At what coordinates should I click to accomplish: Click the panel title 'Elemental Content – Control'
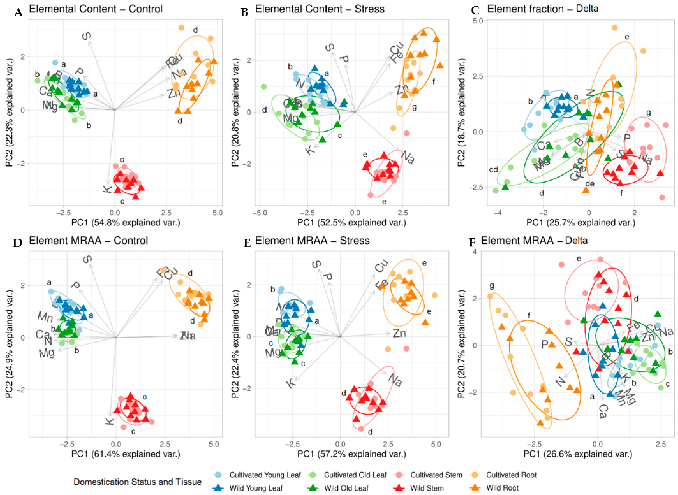pyautogui.click(x=96, y=9)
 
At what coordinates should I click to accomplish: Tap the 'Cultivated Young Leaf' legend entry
pyautogui.click(x=265, y=475)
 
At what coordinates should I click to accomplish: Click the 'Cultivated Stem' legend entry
pyautogui.click(x=436, y=475)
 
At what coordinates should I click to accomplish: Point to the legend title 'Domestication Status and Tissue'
pyautogui.click(x=138, y=482)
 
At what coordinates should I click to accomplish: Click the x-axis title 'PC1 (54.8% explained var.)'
pyautogui.click(x=126, y=223)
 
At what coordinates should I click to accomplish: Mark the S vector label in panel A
pyautogui.click(x=86, y=36)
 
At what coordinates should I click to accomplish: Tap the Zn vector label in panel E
pyautogui.click(x=399, y=333)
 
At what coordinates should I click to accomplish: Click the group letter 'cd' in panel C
pyautogui.click(x=493, y=170)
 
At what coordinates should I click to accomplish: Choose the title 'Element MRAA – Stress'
pyautogui.click(x=312, y=241)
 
